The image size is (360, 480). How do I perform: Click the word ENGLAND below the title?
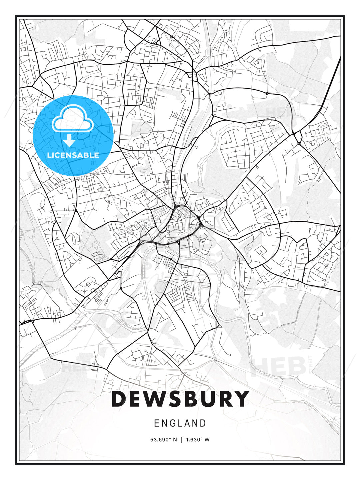point(180,423)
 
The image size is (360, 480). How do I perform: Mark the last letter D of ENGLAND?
point(203,423)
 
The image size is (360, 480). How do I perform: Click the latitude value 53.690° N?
point(164,439)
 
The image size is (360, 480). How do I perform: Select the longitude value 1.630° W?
point(198,439)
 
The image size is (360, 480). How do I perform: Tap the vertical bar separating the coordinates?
point(181,439)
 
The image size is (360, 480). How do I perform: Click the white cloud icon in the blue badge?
point(73,119)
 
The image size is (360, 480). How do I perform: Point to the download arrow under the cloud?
point(69,140)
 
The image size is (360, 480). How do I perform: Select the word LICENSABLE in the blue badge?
point(73,155)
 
